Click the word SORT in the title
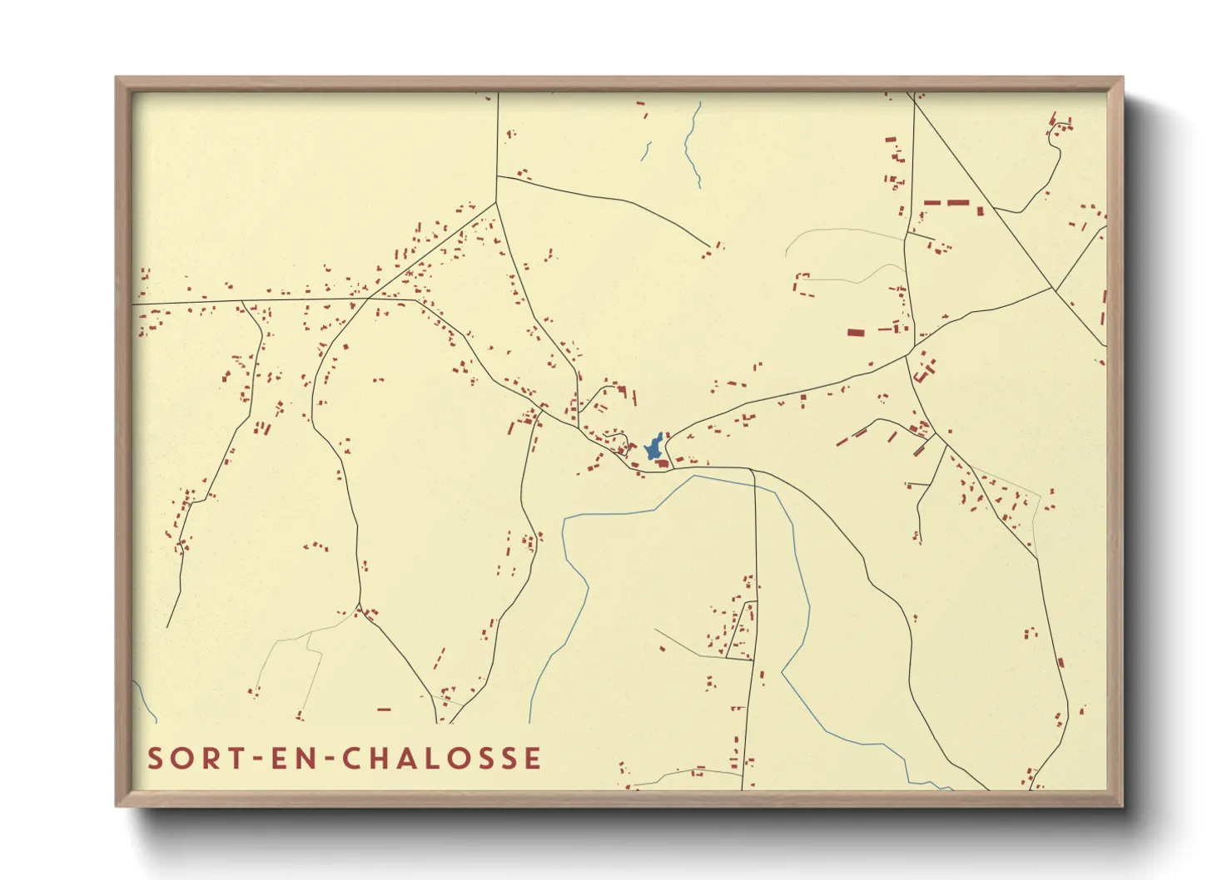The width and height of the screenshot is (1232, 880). [196, 759]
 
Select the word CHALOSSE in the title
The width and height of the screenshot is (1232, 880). [442, 759]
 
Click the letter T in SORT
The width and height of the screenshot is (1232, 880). [238, 759]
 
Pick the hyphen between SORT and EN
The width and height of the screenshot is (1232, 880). [260, 759]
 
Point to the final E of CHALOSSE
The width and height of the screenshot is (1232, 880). [534, 759]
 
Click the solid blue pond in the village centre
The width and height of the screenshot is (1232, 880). [654, 447]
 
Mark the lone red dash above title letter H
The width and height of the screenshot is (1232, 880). [384, 709]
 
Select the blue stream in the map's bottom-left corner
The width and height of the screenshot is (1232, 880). [145, 701]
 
